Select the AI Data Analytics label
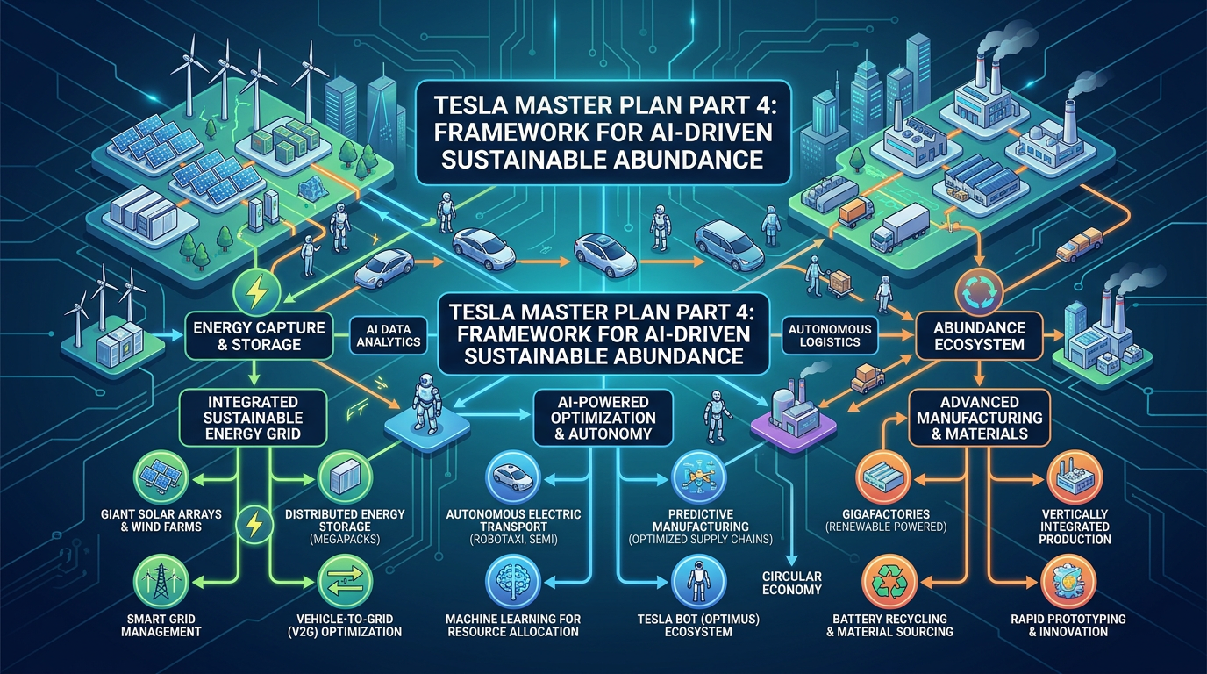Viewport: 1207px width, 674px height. coord(389,334)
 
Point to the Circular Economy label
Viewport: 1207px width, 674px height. coord(792,583)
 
